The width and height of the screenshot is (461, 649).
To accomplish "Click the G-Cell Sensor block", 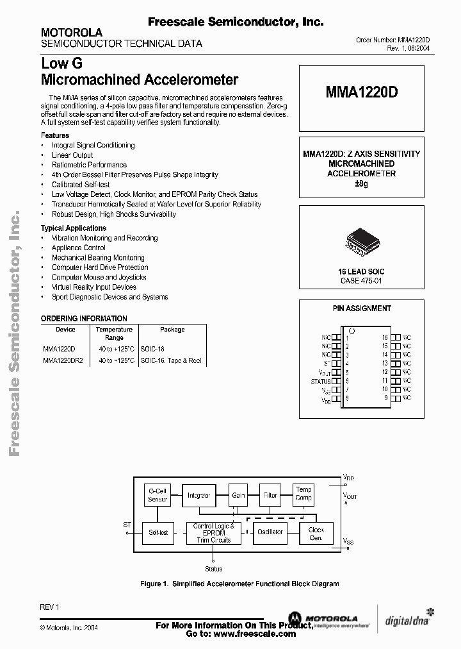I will pyautogui.click(x=158, y=495).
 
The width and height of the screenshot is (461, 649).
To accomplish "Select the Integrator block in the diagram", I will pyautogui.click(x=199, y=496).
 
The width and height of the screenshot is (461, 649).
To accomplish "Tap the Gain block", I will pyautogui.click(x=238, y=496).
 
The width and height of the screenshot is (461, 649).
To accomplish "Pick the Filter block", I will pyautogui.click(x=271, y=496).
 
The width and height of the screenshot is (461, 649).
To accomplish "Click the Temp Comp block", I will pyautogui.click(x=303, y=494).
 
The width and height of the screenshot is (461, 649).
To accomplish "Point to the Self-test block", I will pyautogui.click(x=158, y=532).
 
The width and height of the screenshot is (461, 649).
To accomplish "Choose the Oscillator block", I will pyautogui.click(x=270, y=532).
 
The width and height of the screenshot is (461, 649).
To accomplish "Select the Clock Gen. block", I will pyautogui.click(x=316, y=534).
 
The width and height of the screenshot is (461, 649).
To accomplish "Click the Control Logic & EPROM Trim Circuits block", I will pyautogui.click(x=213, y=533).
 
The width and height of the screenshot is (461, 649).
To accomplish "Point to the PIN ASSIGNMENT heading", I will pyautogui.click(x=362, y=308).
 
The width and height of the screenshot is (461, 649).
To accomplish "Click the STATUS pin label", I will pyautogui.click(x=321, y=382).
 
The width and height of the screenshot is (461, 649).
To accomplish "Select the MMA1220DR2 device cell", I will pyautogui.click(x=63, y=360).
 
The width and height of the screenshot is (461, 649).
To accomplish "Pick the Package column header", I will pyautogui.click(x=172, y=330).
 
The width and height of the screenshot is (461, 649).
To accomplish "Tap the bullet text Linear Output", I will pyautogui.click(x=72, y=155).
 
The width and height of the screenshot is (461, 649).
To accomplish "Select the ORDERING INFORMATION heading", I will pyautogui.click(x=84, y=318).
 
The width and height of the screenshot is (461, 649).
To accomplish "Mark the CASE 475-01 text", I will pyautogui.click(x=362, y=281).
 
